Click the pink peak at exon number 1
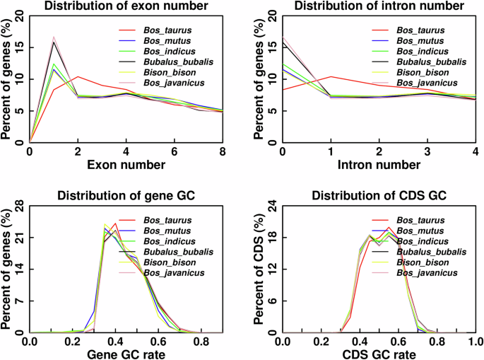(x=54, y=37)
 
